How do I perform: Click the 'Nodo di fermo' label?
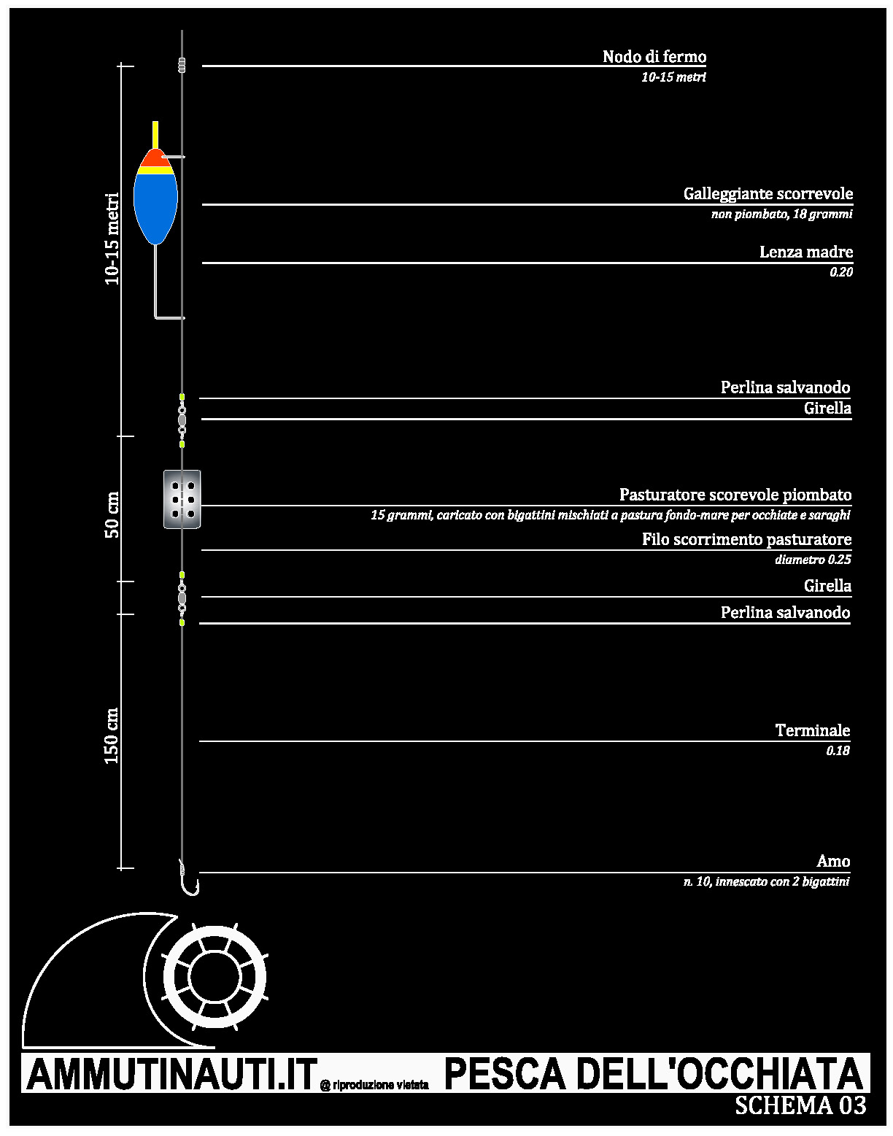click(654, 56)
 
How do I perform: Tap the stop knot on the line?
click(182, 66)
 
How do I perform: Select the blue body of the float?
click(155, 208)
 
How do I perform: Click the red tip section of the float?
click(155, 158)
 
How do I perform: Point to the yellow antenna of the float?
click(155, 135)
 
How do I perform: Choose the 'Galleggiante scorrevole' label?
click(768, 194)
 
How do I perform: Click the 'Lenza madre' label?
click(806, 252)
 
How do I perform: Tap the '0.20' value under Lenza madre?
click(841, 272)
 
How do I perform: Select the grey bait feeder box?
click(182, 499)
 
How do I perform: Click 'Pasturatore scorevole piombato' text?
click(735, 495)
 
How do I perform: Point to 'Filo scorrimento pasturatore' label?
click(746, 539)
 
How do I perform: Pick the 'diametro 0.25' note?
click(813, 560)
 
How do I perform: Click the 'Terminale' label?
click(812, 730)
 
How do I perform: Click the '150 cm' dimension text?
click(112, 736)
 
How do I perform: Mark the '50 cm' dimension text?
click(112, 514)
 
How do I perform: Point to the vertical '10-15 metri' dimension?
click(112, 239)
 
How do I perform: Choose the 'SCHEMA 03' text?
click(800, 1105)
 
